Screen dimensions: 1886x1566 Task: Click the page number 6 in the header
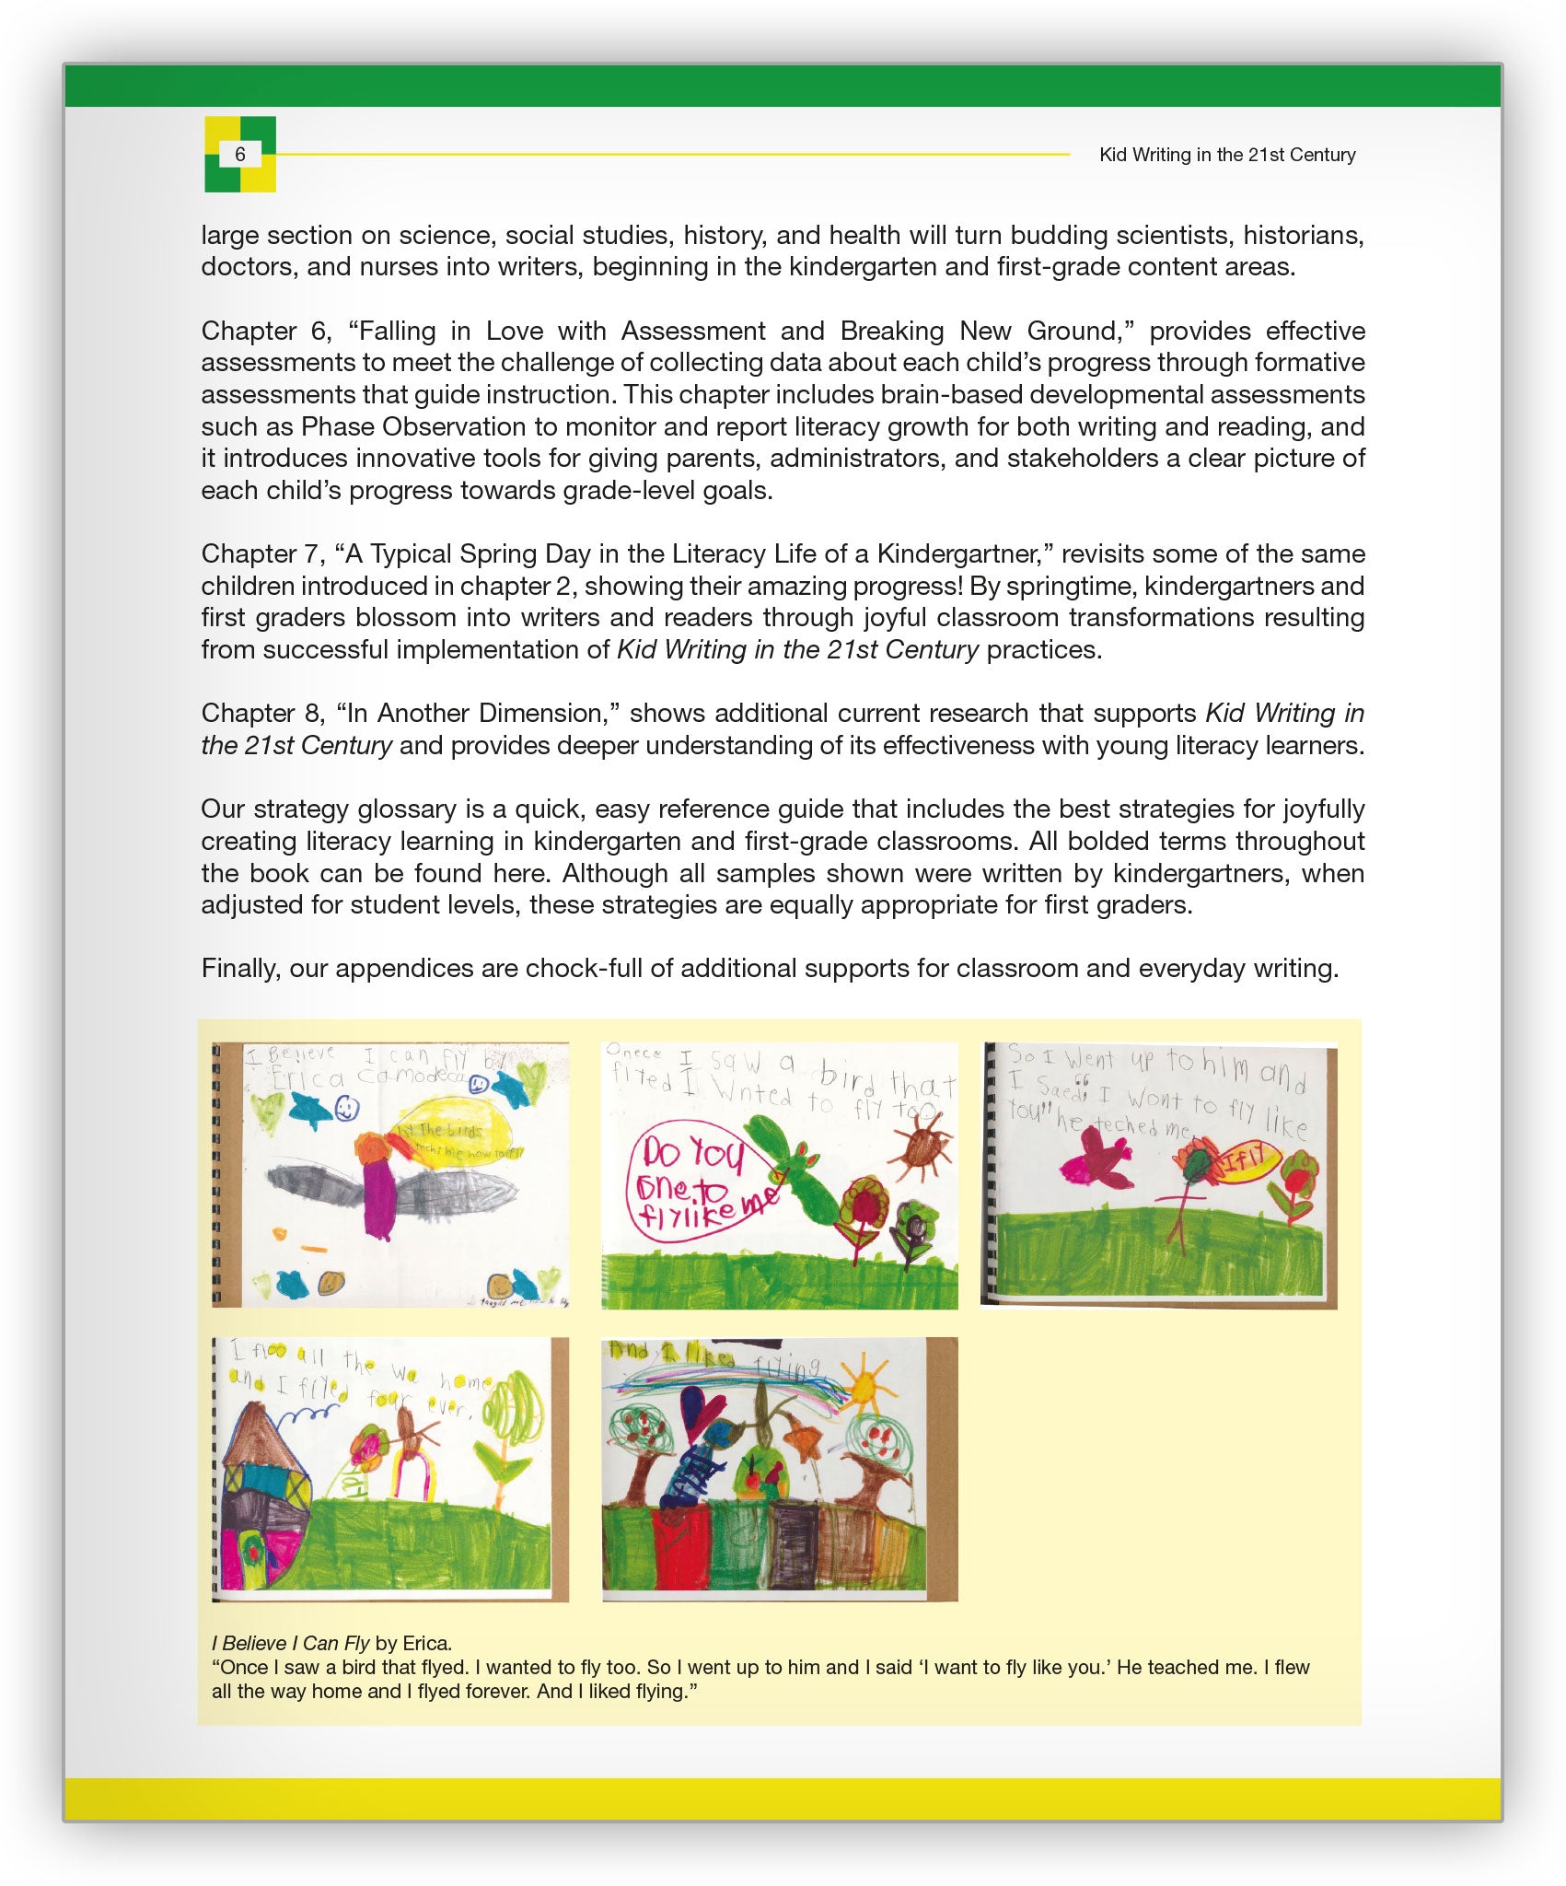coord(240,155)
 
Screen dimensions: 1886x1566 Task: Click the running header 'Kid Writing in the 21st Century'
coord(1226,155)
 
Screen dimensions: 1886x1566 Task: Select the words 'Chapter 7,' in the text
coord(263,553)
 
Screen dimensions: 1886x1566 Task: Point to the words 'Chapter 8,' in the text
coord(263,713)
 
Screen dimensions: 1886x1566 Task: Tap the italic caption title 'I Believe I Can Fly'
coord(290,1643)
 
